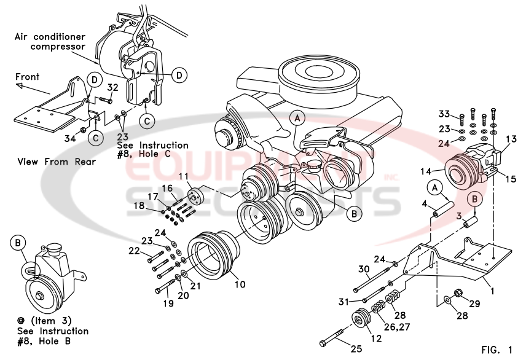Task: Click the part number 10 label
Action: (x=239, y=284)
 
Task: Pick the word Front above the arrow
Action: (x=28, y=77)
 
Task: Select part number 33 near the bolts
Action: (x=444, y=114)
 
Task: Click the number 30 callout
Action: (x=363, y=269)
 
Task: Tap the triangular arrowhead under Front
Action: (x=20, y=87)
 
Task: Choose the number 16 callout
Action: (x=167, y=188)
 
